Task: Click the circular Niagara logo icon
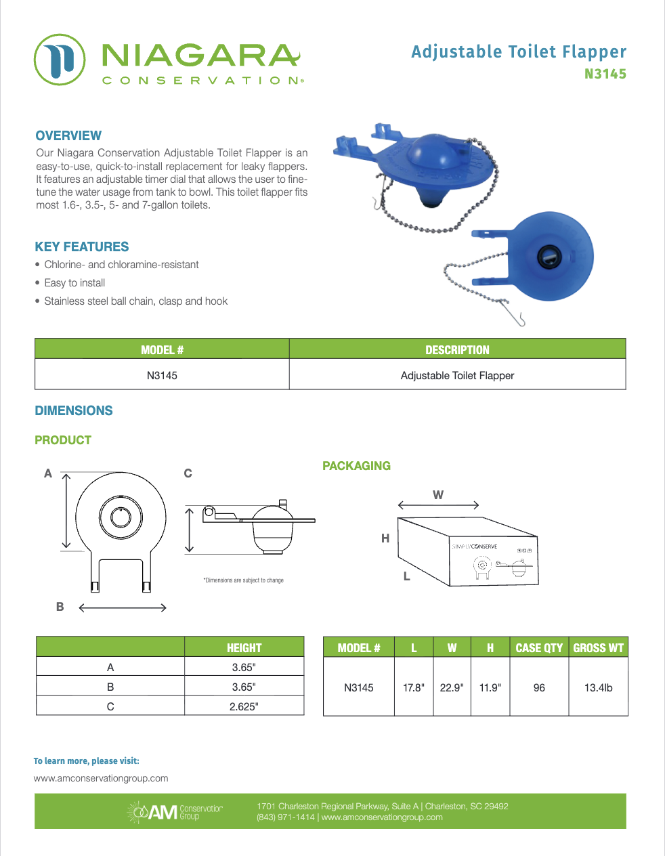point(60,60)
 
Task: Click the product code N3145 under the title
point(605,74)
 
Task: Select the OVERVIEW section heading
point(68,135)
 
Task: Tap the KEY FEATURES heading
point(82,247)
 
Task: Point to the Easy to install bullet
point(74,283)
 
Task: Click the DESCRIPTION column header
point(457,350)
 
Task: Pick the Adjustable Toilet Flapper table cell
point(457,376)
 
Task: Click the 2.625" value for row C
point(244,706)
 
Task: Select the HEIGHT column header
point(244,648)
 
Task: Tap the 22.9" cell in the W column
point(452,687)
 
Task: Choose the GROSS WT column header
point(598,648)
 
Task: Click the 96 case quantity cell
point(539,687)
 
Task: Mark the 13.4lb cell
point(598,687)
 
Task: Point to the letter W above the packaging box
point(438,495)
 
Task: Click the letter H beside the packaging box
point(385,538)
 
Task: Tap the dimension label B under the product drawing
point(60,607)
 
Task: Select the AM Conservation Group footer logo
point(175,811)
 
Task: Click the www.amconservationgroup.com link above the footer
point(101,778)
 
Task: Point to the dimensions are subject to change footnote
point(244,580)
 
